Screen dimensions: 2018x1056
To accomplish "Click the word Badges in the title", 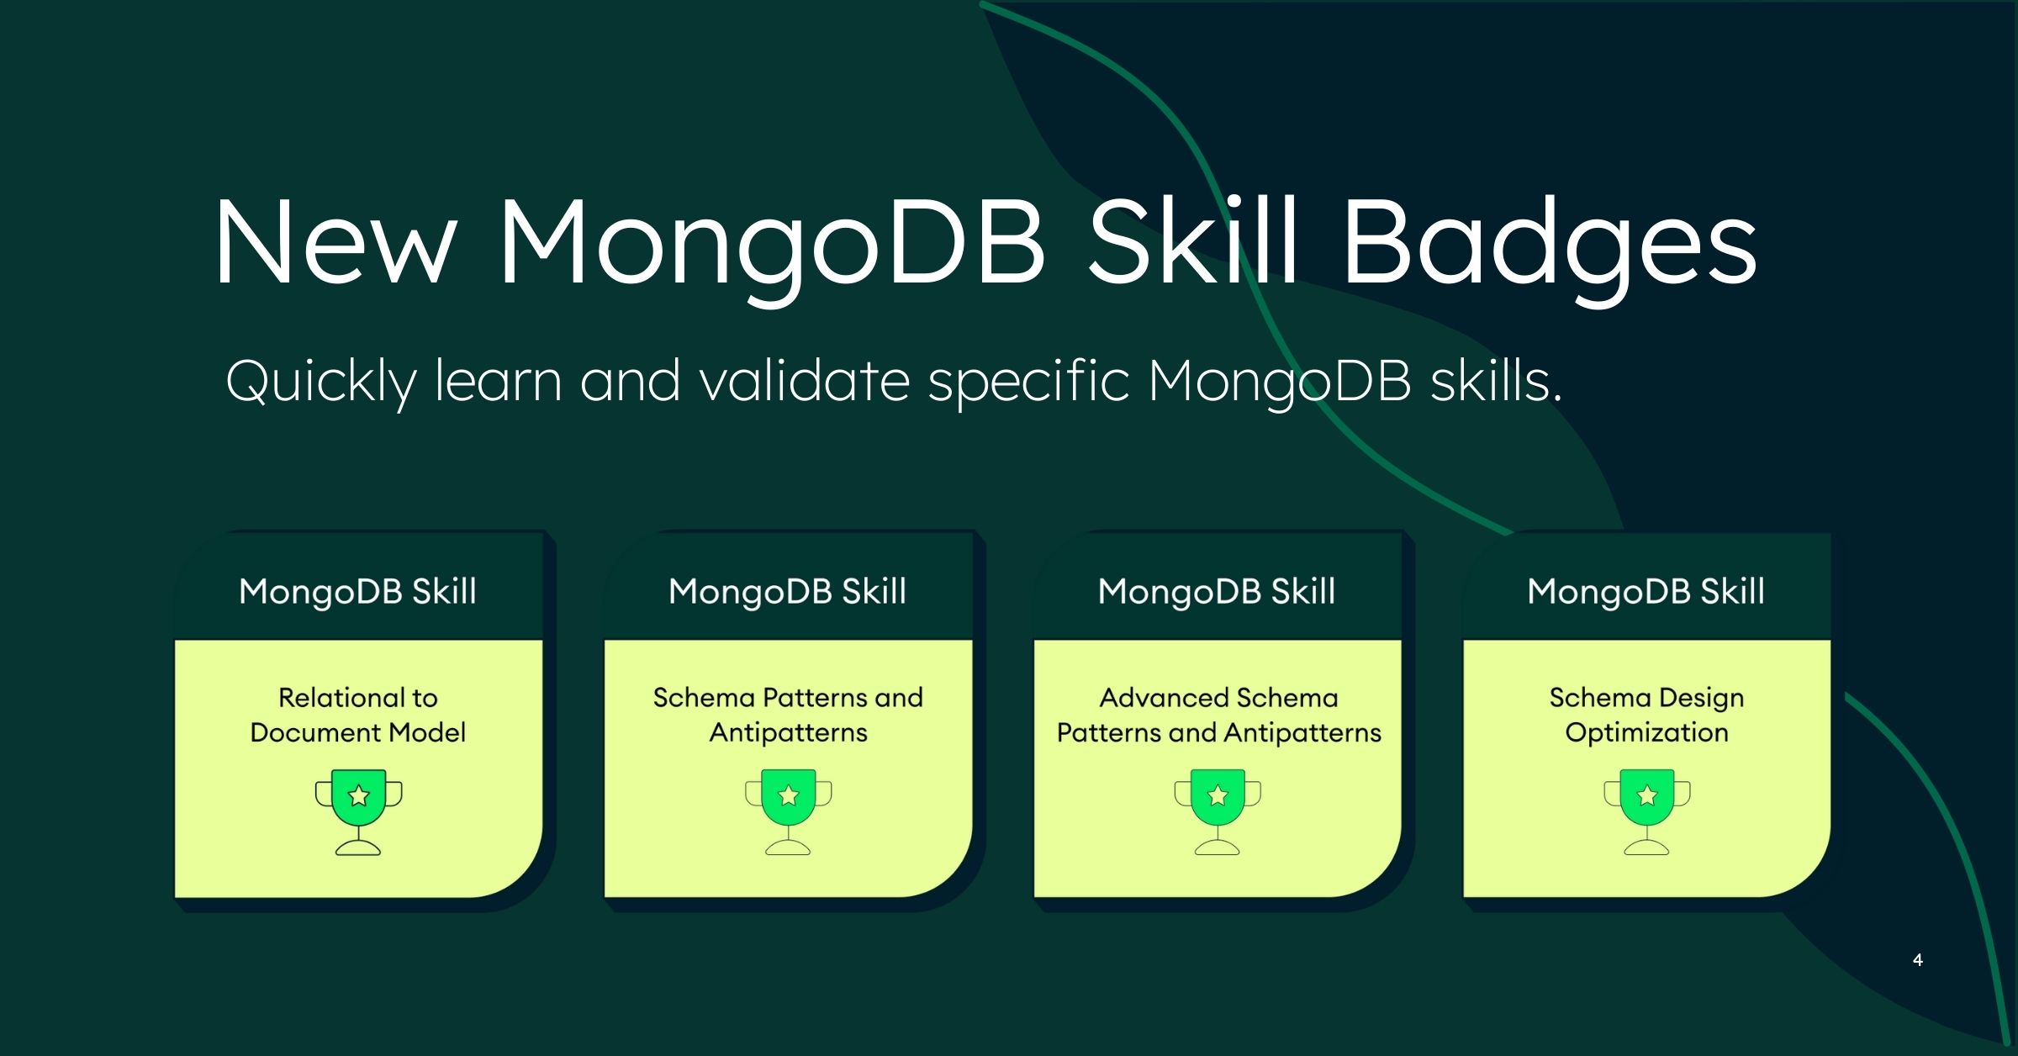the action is (1549, 245).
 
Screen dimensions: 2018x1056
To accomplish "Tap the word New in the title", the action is (335, 242).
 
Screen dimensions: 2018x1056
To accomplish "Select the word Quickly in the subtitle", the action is (321, 383).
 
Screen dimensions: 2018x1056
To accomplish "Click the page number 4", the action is (1917, 959).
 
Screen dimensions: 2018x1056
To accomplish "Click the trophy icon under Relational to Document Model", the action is (359, 812).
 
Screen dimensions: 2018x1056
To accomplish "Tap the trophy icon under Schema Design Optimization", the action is (1646, 812).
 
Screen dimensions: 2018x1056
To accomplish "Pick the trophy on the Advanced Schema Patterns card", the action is (1218, 812).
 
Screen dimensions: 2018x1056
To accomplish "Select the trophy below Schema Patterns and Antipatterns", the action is (789, 812).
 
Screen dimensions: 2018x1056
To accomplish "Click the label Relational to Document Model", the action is (358, 715).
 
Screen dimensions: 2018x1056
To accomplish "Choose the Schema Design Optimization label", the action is (1646, 715).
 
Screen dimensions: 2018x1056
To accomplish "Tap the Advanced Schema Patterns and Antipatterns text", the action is (1218, 715).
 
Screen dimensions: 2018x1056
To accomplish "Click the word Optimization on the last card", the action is (1646, 732).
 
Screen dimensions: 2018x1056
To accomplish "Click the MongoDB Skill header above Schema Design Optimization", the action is (1646, 591).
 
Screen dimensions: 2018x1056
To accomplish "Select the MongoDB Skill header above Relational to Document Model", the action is (357, 591).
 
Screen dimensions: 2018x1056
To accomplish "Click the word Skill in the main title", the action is (1193, 241).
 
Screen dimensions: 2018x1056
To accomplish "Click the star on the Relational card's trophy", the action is (359, 795).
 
